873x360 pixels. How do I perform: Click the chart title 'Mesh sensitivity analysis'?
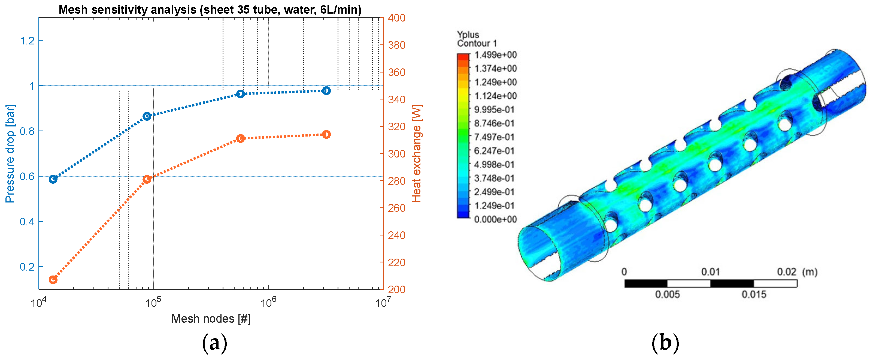[128, 10]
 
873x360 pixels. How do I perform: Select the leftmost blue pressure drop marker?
[53, 179]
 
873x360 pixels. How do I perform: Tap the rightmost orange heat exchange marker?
[326, 135]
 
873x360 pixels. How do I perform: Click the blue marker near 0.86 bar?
[147, 116]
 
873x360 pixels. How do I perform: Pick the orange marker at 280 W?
[147, 179]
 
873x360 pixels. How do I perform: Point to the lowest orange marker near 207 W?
[53, 280]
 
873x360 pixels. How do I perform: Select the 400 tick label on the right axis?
[396, 18]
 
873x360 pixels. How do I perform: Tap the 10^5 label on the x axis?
[153, 302]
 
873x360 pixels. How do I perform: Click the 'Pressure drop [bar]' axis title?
[10, 153]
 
